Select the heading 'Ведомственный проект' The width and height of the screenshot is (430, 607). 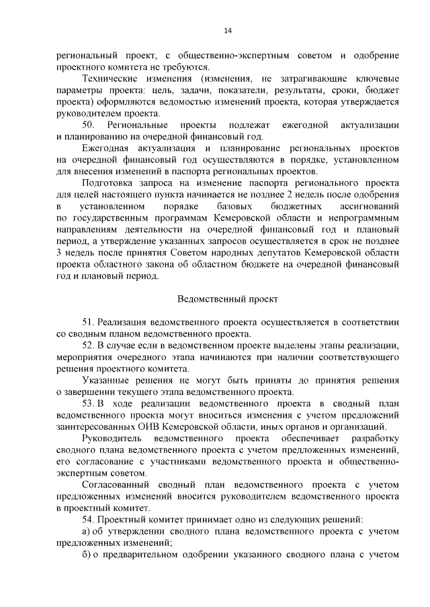point(228,298)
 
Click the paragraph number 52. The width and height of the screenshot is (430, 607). point(89,345)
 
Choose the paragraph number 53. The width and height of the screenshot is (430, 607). point(89,402)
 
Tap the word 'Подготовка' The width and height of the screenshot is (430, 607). point(110,183)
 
